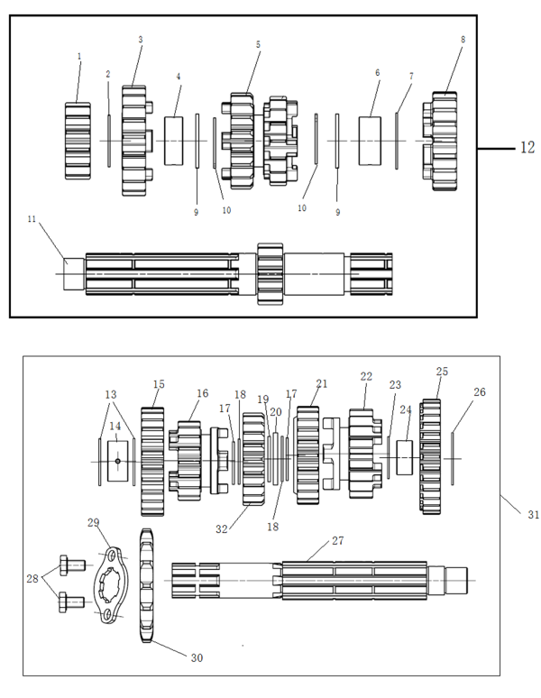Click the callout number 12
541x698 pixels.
tap(527, 147)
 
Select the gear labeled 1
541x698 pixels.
tap(78, 140)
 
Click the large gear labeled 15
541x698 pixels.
tap(152, 461)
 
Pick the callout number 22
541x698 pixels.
tap(366, 376)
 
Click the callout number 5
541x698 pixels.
tap(258, 43)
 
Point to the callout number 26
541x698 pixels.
tap(479, 391)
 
